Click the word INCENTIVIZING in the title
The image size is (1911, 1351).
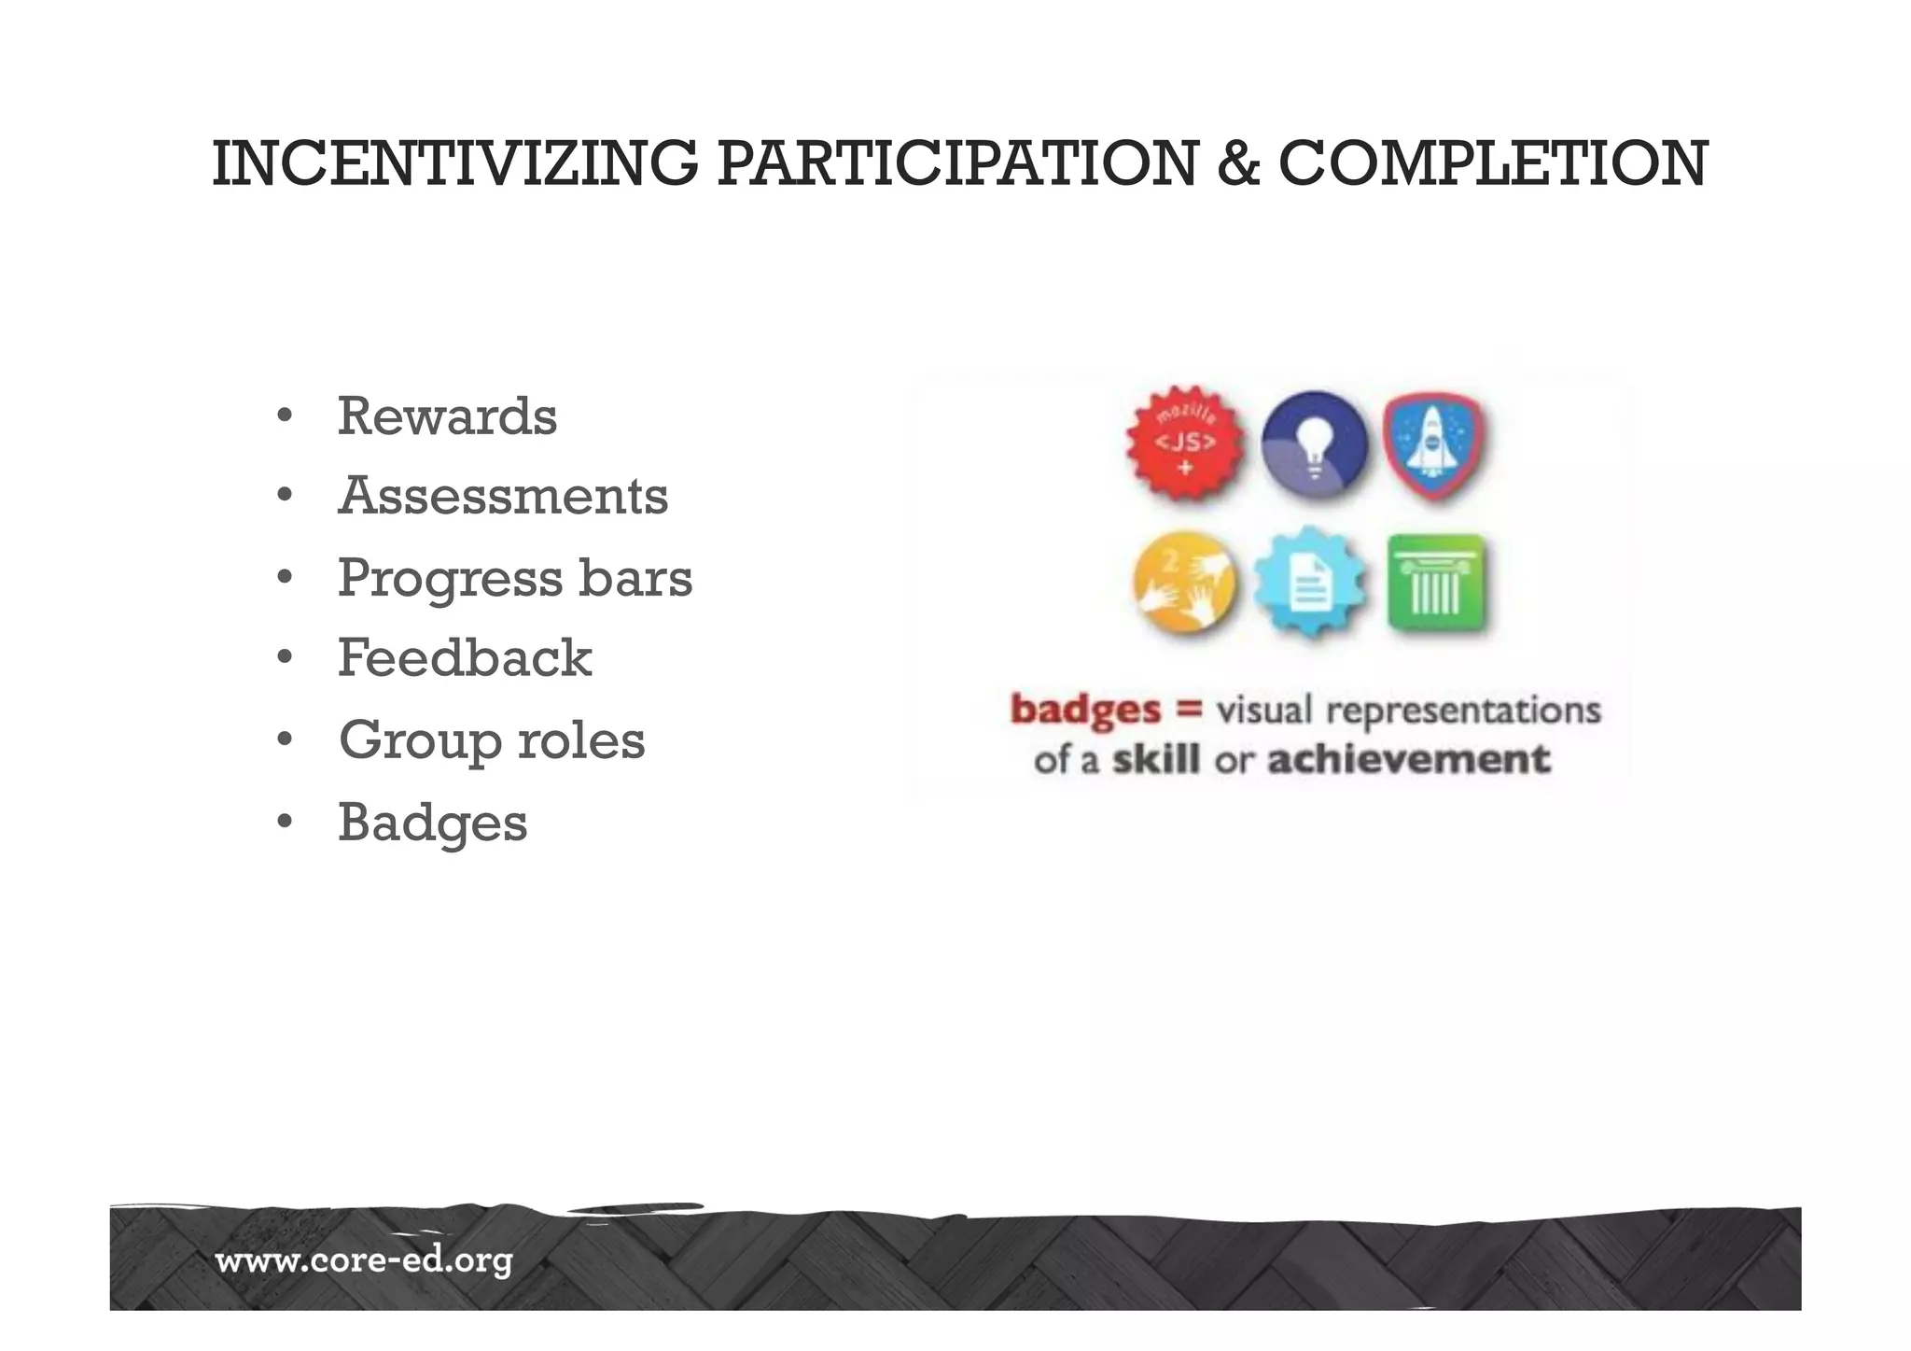point(454,163)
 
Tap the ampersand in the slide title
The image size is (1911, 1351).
point(1237,163)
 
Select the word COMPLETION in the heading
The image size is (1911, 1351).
point(1493,163)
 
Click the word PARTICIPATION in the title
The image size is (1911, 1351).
point(956,163)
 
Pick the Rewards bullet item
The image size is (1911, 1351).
point(447,416)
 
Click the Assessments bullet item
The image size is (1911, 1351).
point(503,496)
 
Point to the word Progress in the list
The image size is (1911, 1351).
point(450,578)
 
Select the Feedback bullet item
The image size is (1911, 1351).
point(465,658)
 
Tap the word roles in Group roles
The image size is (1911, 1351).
point(580,740)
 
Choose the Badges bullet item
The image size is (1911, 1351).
point(432,823)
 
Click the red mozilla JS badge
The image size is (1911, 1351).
point(1185,443)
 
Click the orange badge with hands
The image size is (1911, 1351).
point(1184,583)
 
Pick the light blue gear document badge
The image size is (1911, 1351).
point(1310,583)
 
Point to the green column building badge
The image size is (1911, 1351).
point(1436,583)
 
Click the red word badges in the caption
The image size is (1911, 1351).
point(1085,710)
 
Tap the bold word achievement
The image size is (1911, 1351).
point(1408,759)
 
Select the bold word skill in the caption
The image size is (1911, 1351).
point(1155,759)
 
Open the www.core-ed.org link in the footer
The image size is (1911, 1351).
point(364,1261)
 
